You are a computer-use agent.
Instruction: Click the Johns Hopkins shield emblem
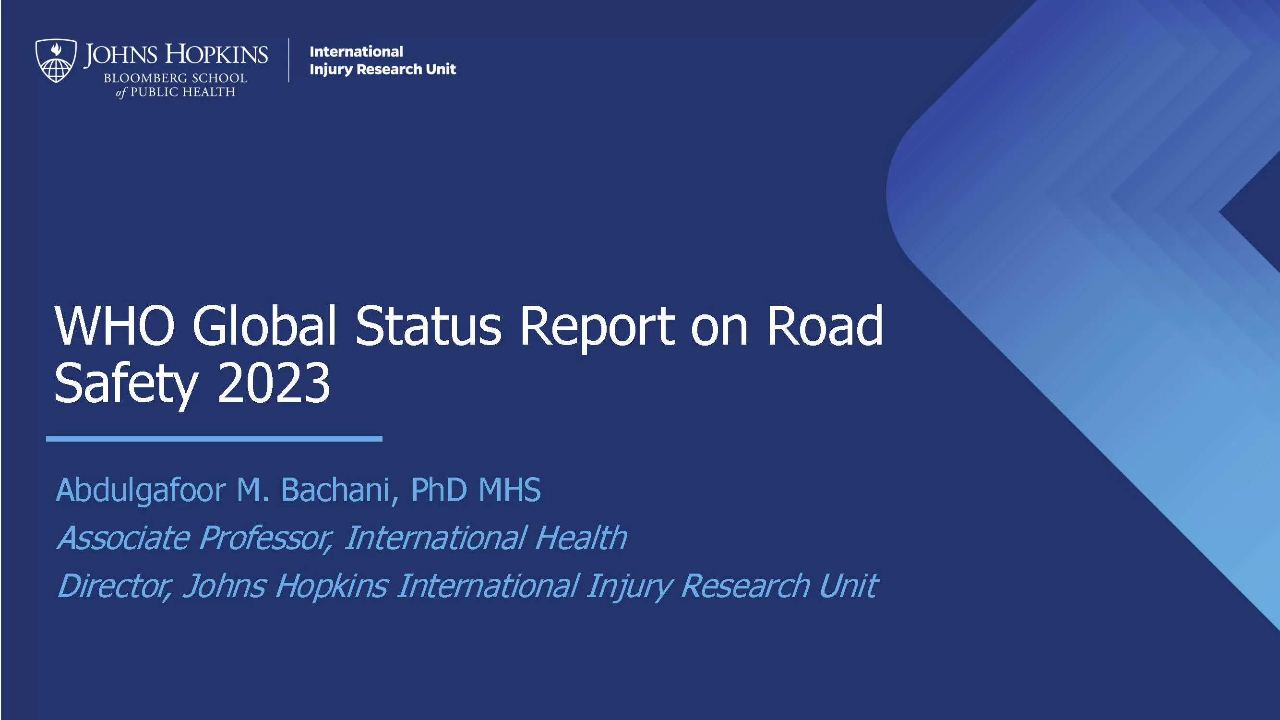coord(56,60)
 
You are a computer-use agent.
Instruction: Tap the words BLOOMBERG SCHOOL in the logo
coord(175,78)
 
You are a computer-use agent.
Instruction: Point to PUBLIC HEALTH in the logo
coord(182,92)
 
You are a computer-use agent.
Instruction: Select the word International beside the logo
coord(356,51)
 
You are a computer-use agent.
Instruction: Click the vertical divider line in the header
coord(289,60)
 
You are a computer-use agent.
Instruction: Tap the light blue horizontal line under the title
coord(214,439)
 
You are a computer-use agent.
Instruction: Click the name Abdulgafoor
coord(141,491)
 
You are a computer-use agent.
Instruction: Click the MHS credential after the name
coord(509,490)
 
